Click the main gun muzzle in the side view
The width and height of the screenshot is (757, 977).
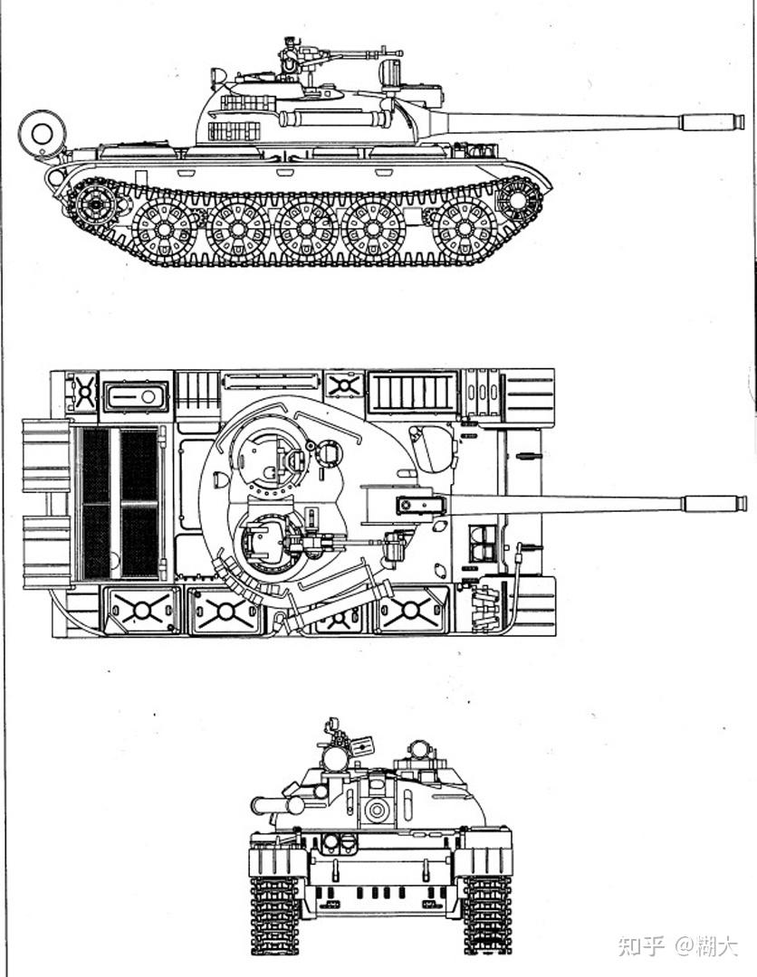coord(713,121)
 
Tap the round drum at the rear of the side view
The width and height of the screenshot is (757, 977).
coord(42,133)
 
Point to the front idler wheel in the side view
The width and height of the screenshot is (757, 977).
coord(518,199)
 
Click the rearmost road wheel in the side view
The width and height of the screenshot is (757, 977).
coord(164,229)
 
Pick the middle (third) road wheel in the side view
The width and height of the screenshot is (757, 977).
coord(305,229)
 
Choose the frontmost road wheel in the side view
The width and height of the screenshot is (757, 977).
coord(465,229)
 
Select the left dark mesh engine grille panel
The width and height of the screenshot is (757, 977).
coord(96,503)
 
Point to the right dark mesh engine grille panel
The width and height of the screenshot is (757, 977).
coord(139,503)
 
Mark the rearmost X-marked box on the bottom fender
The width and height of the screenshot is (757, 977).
coord(141,611)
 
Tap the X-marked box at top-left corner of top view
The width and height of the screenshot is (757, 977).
coord(83,393)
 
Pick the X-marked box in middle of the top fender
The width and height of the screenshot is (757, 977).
coord(343,384)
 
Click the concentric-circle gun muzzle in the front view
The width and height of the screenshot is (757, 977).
coord(377,810)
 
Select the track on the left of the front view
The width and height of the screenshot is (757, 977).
coord(275,915)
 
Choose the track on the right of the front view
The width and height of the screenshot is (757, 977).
coord(487,915)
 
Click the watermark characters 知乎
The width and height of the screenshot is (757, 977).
coord(640,946)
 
